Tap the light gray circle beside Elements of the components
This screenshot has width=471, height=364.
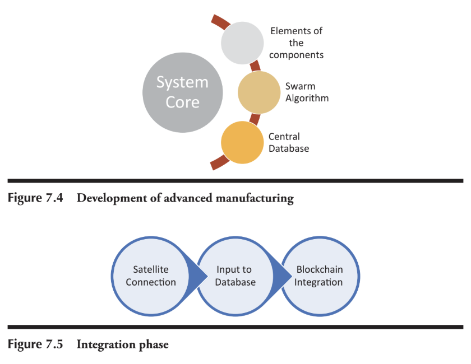pyautogui.click(x=242, y=43)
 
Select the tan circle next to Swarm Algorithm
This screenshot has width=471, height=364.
pyautogui.click(x=259, y=92)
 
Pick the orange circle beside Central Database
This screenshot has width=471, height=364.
pyautogui.click(x=242, y=143)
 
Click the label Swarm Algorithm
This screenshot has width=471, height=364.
pyautogui.click(x=307, y=92)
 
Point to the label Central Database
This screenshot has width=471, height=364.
pyautogui.click(x=288, y=142)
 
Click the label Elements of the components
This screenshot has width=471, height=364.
pyautogui.click(x=297, y=43)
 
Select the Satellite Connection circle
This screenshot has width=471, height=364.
pyautogui.click(x=151, y=276)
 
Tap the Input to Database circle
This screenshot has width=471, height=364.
pyautogui.click(x=235, y=276)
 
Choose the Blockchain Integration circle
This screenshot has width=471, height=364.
pyautogui.click(x=320, y=276)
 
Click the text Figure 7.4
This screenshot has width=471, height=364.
pyautogui.click(x=33, y=199)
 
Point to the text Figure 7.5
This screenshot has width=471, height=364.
pyautogui.click(x=33, y=344)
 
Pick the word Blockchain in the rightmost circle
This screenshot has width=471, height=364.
pyautogui.click(x=320, y=270)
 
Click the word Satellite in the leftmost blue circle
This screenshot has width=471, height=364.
pyautogui.click(x=151, y=270)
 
